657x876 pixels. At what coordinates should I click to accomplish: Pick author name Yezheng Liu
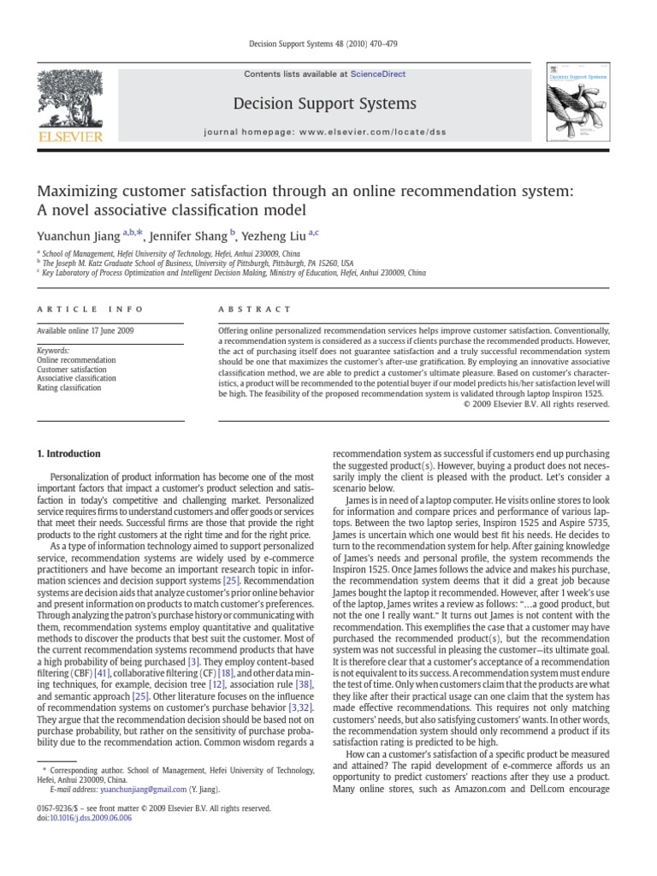pos(271,234)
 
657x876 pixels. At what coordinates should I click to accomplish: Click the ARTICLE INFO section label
pos(90,309)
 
